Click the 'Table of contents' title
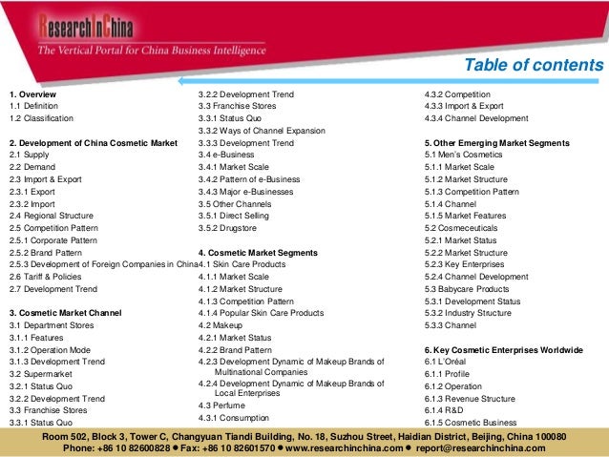click(534, 65)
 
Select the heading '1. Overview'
click(32, 94)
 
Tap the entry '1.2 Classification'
click(43, 118)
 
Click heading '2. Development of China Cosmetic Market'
click(93, 143)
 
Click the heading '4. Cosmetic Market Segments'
click(250, 252)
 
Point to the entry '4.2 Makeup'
click(220, 325)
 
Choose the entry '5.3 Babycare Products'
click(472, 288)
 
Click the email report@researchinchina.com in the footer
click(493, 446)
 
